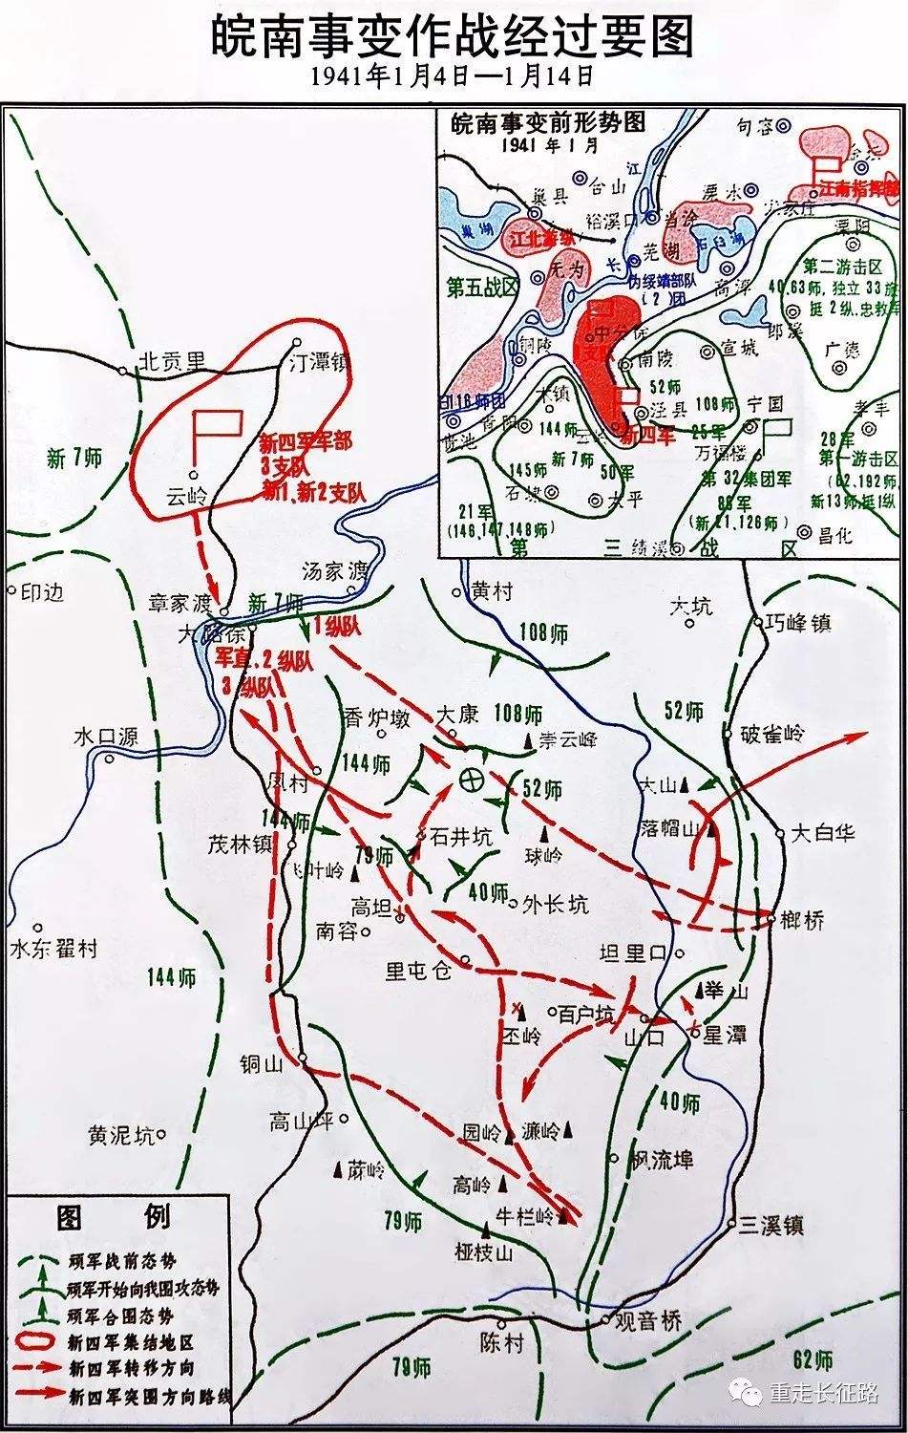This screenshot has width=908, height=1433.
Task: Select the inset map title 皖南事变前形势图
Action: click(x=548, y=122)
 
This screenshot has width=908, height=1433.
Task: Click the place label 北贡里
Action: click(x=171, y=360)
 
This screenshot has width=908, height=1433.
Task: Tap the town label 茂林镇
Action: click(x=241, y=844)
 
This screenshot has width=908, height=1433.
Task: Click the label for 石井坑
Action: click(x=461, y=837)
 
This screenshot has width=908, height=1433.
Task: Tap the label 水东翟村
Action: click(x=53, y=949)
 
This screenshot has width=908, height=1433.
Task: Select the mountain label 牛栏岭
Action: click(x=524, y=1216)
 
